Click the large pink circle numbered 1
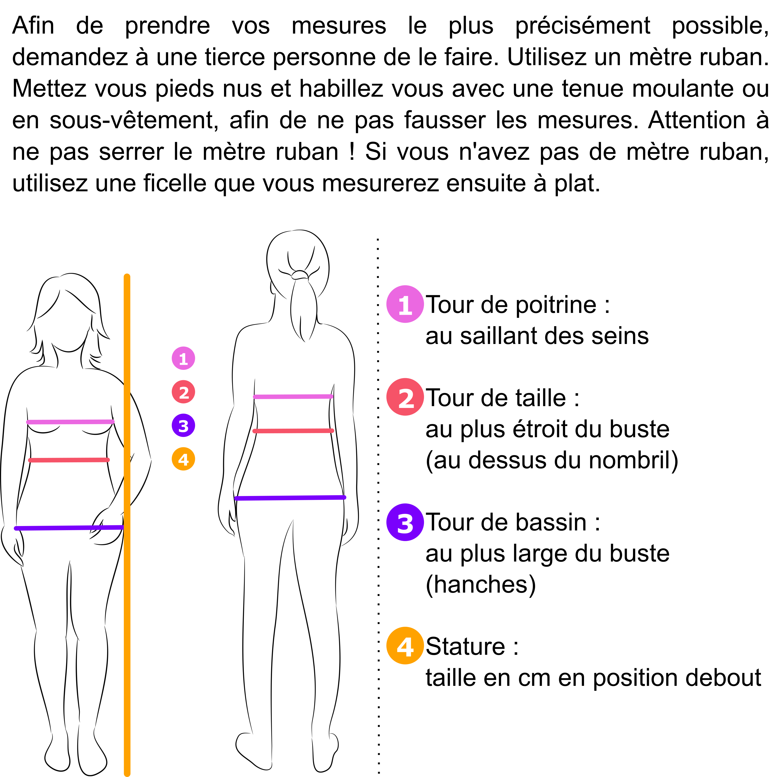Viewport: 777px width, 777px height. click(x=405, y=304)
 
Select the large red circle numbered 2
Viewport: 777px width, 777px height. click(x=405, y=397)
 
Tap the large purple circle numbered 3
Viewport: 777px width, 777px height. click(x=405, y=522)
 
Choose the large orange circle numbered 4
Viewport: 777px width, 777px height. click(x=405, y=645)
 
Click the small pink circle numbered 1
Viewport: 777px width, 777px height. click(x=183, y=358)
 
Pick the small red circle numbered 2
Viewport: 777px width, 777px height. click(x=183, y=392)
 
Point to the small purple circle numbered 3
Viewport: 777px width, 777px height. click(x=183, y=425)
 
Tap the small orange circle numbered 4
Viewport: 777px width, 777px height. click(x=183, y=459)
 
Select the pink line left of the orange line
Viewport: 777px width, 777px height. click(x=70, y=422)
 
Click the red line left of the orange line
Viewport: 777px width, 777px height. click(x=69, y=460)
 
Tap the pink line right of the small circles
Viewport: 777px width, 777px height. click(x=293, y=397)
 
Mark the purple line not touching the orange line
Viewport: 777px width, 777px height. click(x=290, y=498)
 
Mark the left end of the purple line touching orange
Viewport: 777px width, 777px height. click(x=16, y=528)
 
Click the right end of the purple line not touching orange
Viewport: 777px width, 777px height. click(x=344, y=498)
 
